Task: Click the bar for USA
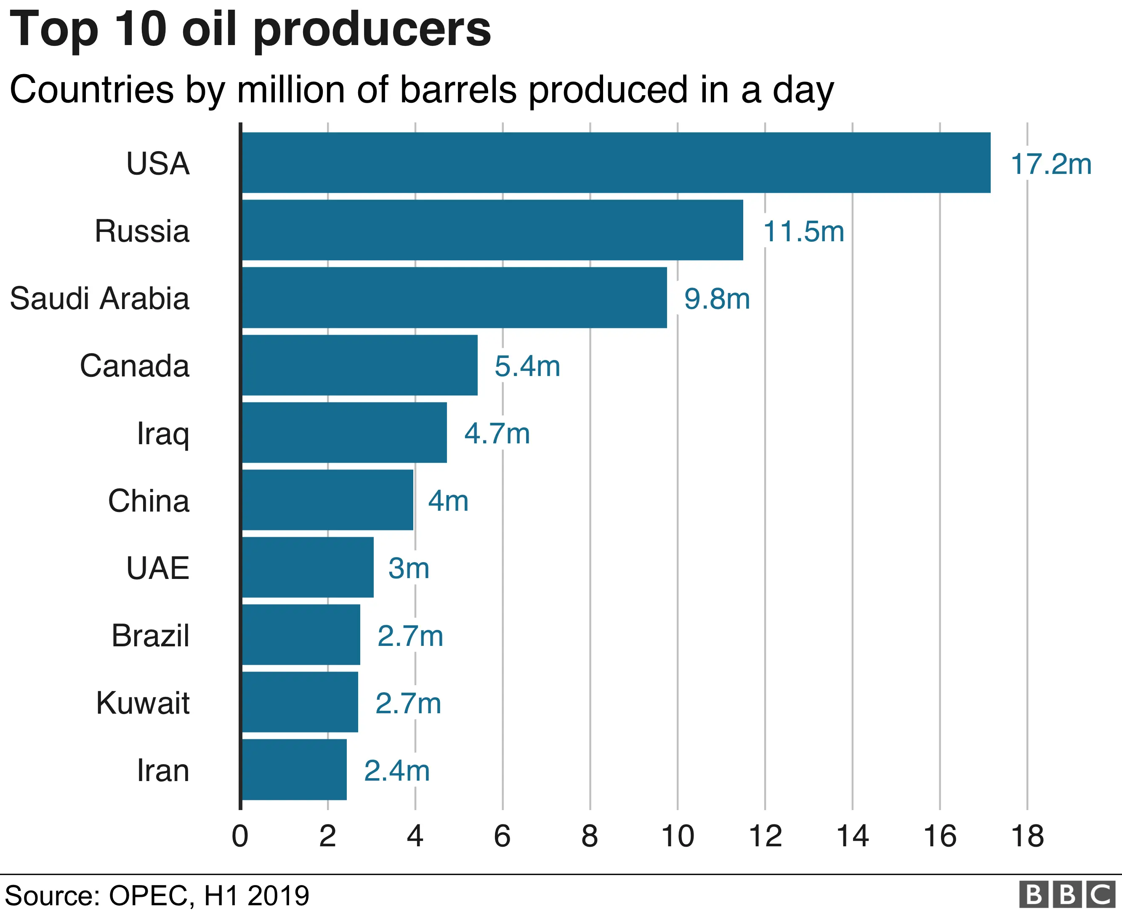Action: pos(616,163)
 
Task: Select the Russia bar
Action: pos(492,229)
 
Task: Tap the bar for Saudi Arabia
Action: pos(454,297)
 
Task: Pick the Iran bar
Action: pos(294,770)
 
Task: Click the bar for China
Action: pos(327,500)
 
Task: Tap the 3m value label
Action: pos(409,568)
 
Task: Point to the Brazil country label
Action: pos(150,636)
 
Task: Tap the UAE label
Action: pos(157,568)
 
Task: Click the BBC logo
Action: pos(1066,894)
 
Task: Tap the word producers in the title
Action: pos(372,30)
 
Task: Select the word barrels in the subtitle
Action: pos(458,89)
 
